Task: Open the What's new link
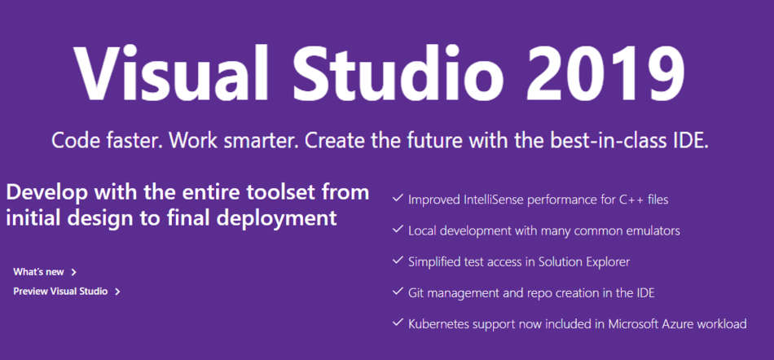click(x=38, y=272)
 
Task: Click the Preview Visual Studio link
click(x=60, y=291)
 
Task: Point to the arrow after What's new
click(x=74, y=272)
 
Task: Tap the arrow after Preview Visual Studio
click(x=117, y=291)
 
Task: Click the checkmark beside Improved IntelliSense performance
click(x=397, y=198)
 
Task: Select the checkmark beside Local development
click(x=397, y=230)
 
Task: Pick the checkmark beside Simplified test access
click(x=397, y=261)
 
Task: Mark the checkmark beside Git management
click(x=397, y=292)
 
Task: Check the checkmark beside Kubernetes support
click(x=397, y=323)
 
